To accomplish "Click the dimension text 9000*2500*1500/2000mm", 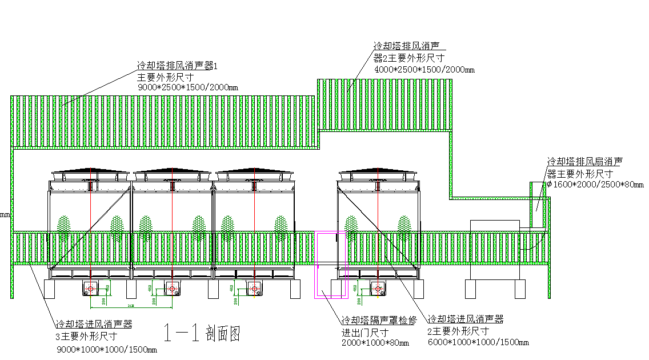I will pyautogui.click(x=188, y=87).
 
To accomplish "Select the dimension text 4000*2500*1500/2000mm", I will pyautogui.click(x=424, y=70).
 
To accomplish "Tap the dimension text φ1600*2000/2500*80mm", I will pyautogui.click(x=595, y=185).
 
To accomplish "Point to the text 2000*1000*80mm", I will pyautogui.click(x=375, y=343).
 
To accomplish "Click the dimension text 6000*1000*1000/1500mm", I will pyautogui.click(x=478, y=342).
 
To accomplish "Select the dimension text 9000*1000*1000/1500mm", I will pyautogui.click(x=106, y=349).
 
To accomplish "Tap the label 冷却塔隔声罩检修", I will pyautogui.click(x=378, y=320).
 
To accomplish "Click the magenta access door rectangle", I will pyautogui.click(x=331, y=265).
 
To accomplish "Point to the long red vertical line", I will pyautogui.click(x=91, y=229).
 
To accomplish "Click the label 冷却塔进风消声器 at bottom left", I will pyautogui.click(x=94, y=324).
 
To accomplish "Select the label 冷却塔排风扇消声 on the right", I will pyautogui.click(x=584, y=162).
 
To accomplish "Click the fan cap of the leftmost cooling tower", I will pyautogui.click(x=89, y=171).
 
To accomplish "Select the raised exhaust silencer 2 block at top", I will pyautogui.click(x=384, y=105).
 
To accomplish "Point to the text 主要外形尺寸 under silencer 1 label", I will pyautogui.click(x=165, y=77).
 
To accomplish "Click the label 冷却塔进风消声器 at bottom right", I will pyautogui.click(x=466, y=319).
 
